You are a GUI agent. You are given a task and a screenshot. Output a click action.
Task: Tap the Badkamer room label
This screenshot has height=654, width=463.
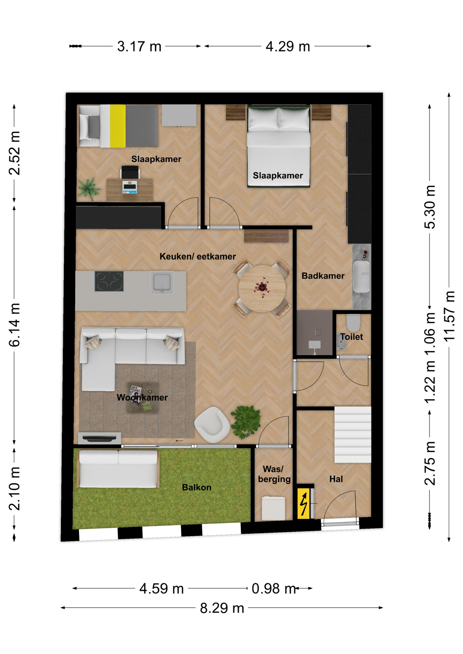[x=323, y=276]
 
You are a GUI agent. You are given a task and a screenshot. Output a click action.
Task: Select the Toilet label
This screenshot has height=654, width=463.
[x=352, y=337]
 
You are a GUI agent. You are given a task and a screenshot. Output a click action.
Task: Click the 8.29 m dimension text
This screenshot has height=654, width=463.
[x=222, y=608]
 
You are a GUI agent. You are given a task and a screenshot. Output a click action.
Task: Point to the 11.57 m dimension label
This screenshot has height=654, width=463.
[x=449, y=316]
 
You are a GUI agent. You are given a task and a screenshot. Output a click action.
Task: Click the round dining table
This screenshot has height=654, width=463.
[x=262, y=289]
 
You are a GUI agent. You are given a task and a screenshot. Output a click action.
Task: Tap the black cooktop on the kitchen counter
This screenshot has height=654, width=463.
[x=109, y=281]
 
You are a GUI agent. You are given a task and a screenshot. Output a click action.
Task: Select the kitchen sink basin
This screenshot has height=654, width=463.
[x=162, y=282]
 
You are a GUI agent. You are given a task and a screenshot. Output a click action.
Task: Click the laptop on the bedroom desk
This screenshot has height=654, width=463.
[x=130, y=187]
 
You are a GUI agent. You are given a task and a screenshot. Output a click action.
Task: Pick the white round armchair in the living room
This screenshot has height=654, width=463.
[x=212, y=424]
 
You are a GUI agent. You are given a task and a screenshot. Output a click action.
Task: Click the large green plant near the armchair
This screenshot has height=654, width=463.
[x=245, y=422]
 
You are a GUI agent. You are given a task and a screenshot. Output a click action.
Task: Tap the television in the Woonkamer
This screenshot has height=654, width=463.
[x=100, y=438]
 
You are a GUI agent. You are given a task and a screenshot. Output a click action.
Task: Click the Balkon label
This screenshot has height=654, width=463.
[x=197, y=487]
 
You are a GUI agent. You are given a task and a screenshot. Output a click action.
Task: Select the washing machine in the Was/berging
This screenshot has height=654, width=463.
[x=273, y=509]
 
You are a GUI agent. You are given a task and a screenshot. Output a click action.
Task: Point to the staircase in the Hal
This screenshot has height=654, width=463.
[x=353, y=434]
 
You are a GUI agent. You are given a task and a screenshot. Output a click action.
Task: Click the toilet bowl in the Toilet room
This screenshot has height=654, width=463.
[x=353, y=323]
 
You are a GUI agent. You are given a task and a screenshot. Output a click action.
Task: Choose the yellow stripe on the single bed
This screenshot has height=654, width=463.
[x=118, y=126]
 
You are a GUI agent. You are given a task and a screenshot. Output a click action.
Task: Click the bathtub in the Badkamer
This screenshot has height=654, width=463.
[x=361, y=277]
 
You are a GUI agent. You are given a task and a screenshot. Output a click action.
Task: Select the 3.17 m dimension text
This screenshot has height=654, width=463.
[x=139, y=46]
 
